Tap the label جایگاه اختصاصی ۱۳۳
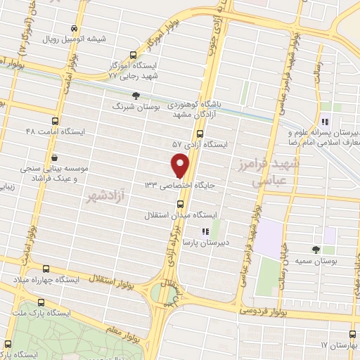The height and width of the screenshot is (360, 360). point(188,185)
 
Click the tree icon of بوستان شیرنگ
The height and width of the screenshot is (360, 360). point(136,96)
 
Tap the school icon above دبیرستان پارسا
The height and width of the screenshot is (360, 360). point(205,231)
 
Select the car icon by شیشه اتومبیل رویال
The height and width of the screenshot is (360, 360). point(75,28)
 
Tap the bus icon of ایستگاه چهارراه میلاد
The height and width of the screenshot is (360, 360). point(46,269)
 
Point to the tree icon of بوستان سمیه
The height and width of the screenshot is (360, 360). point(315,250)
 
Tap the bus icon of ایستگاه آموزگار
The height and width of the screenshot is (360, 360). point(134,54)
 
